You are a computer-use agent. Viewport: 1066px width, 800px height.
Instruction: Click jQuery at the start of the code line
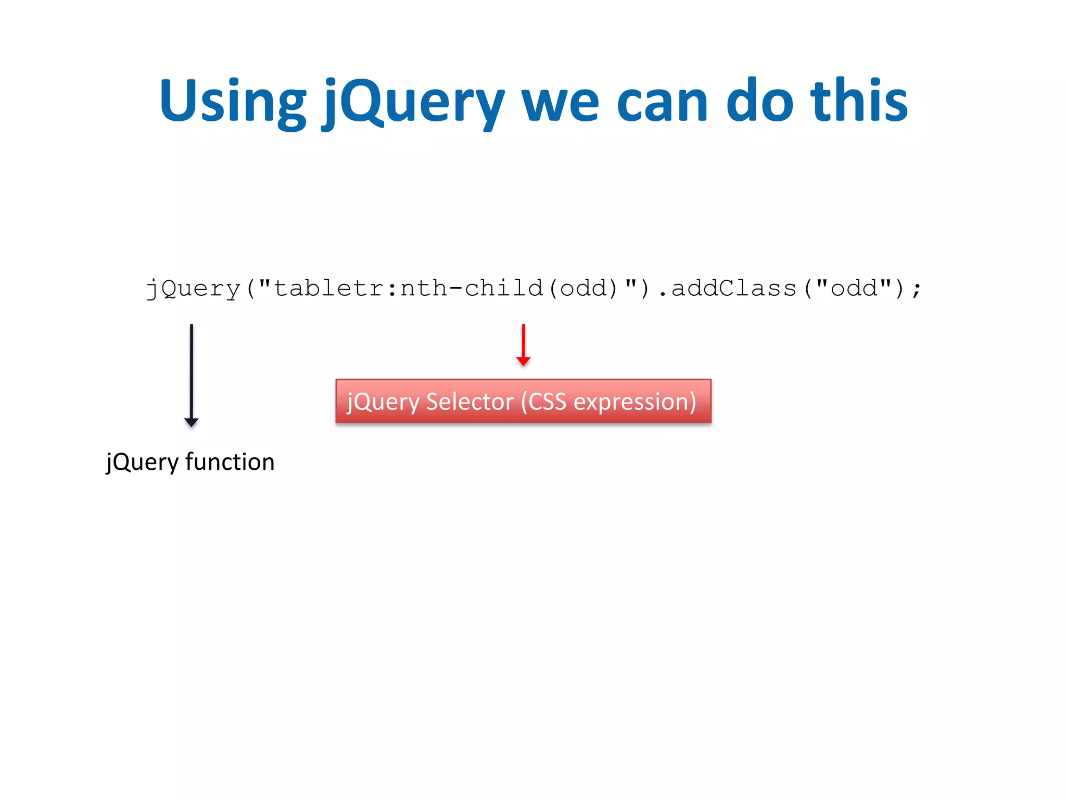193,289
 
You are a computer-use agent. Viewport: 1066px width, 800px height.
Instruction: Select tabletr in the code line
328,289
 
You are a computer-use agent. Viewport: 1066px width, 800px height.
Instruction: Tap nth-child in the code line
472,289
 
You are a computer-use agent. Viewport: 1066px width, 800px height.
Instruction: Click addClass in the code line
734,289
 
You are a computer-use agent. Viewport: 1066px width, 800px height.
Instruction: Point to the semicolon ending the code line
917,289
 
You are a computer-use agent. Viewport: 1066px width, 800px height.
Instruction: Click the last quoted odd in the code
854,289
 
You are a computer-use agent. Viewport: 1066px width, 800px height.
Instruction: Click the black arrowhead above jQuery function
192,422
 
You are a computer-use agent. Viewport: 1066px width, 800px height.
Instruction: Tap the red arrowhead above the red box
523,361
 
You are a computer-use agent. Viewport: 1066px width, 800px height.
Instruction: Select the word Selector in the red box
469,402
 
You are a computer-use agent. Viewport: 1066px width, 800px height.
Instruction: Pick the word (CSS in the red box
543,402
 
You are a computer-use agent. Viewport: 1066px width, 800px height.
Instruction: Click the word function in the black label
230,462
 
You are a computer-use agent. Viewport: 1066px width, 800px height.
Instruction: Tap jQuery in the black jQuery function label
142,462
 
